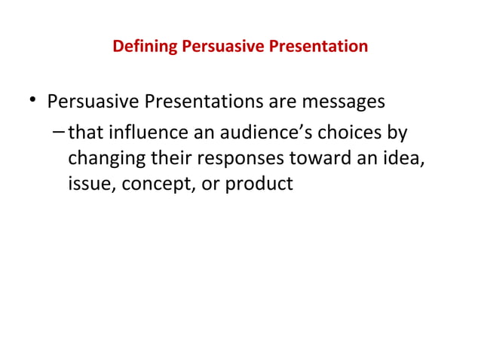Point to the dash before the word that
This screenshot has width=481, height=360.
60,133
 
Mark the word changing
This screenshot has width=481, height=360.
103,158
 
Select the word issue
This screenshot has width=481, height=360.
87,183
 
